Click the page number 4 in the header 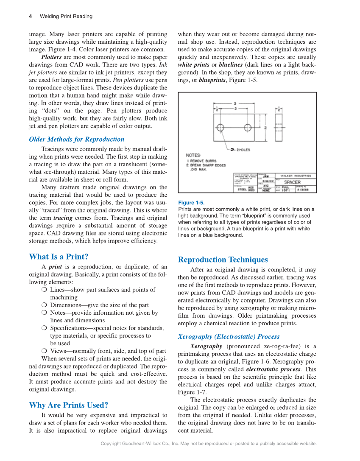click(31, 17)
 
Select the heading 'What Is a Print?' click(59, 257)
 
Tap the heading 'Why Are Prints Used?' click(68, 405)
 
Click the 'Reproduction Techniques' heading click(223, 260)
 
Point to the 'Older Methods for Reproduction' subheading click(76, 139)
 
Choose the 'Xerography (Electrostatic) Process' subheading click(229, 337)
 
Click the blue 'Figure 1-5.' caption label click(191, 203)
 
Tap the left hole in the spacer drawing click(220, 127)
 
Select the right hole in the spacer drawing click(248, 127)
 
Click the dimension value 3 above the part click(235, 103)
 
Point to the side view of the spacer click(278, 127)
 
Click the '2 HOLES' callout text click(243, 150)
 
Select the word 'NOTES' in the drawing click(193, 155)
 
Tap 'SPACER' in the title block click(292, 182)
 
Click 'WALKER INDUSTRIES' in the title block click(296, 176)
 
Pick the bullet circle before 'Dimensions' click(45, 305)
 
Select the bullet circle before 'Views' click(45, 351)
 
